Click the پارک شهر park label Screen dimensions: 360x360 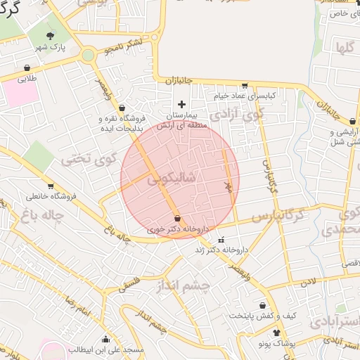(50, 47)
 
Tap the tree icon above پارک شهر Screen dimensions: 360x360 (50, 36)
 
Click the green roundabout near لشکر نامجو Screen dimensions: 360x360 (88, 55)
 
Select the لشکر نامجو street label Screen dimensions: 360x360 (124, 46)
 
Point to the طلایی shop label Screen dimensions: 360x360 (27, 79)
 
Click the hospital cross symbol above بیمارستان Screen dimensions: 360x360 (182, 104)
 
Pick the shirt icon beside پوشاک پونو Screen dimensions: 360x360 (276, 333)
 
